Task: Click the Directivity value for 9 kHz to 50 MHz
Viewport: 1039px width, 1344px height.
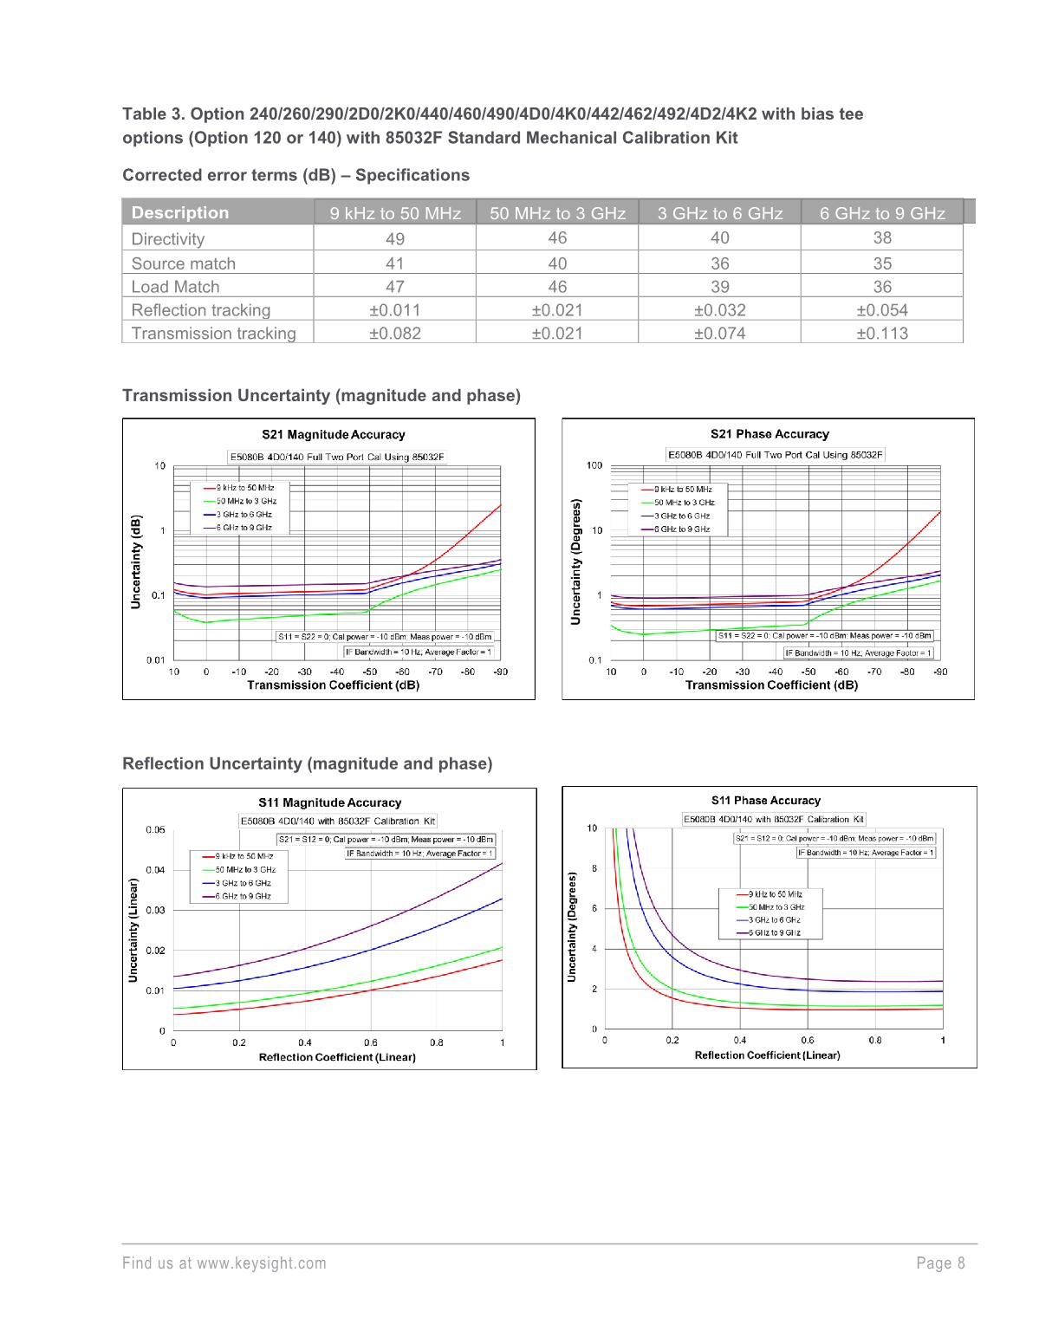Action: pyautogui.click(x=394, y=239)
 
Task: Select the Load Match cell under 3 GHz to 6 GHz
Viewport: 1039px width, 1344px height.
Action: pyautogui.click(x=719, y=286)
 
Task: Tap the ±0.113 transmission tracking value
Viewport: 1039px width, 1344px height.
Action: pyautogui.click(x=881, y=333)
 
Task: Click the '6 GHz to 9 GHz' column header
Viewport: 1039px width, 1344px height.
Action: pyautogui.click(x=881, y=213)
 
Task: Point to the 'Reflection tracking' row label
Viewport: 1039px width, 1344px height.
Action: pyautogui.click(x=201, y=310)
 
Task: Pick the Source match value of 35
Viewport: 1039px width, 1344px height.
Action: pyautogui.click(x=881, y=263)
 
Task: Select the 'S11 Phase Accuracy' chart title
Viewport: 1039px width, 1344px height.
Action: pyautogui.click(x=765, y=801)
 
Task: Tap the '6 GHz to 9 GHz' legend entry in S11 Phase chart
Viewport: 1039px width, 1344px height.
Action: pyautogui.click(x=774, y=932)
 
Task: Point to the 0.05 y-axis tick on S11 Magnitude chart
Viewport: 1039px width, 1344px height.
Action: pyautogui.click(x=155, y=829)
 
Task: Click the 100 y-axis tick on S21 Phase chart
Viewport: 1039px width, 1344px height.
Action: pyautogui.click(x=594, y=465)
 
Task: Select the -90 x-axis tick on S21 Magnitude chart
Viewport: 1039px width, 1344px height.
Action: pyautogui.click(x=500, y=672)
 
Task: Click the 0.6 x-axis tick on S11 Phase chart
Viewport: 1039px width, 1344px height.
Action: pyautogui.click(x=808, y=1040)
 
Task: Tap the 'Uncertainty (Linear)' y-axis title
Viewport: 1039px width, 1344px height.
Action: pyautogui.click(x=133, y=930)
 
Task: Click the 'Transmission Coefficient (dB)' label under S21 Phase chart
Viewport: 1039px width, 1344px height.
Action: pyautogui.click(x=771, y=685)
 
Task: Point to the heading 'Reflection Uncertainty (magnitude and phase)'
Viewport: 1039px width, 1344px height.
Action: pyautogui.click(x=307, y=763)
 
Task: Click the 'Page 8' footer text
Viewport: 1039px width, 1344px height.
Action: pyautogui.click(x=940, y=1263)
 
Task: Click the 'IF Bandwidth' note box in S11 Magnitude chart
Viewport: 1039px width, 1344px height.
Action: pyautogui.click(x=420, y=853)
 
